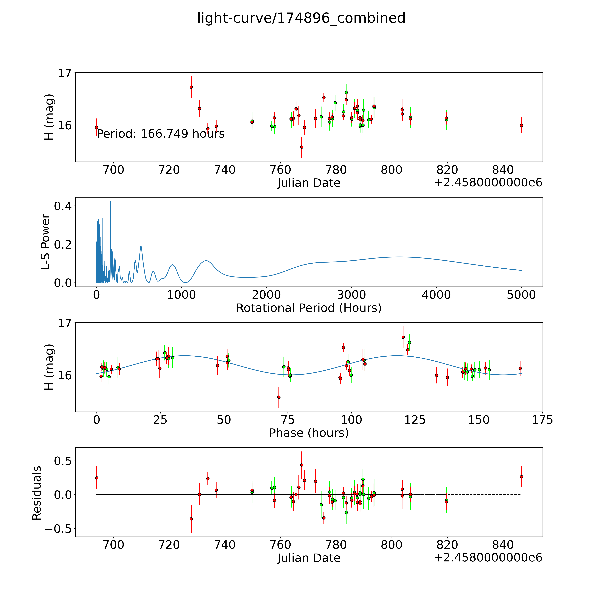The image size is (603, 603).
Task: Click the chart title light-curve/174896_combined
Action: (301, 18)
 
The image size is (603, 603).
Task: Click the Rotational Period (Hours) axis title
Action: (309, 308)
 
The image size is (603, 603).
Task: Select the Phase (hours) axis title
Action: (309, 433)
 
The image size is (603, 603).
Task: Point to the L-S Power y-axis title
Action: (46, 242)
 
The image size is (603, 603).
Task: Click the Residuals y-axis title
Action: (37, 493)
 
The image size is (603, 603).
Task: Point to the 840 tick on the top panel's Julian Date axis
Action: (502, 170)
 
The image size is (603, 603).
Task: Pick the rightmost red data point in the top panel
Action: (521, 125)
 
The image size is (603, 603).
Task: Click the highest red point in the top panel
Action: (191, 87)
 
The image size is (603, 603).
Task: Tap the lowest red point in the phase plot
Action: (279, 397)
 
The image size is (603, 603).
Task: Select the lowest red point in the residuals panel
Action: (191, 519)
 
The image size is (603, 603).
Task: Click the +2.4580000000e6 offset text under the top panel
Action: (488, 183)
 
